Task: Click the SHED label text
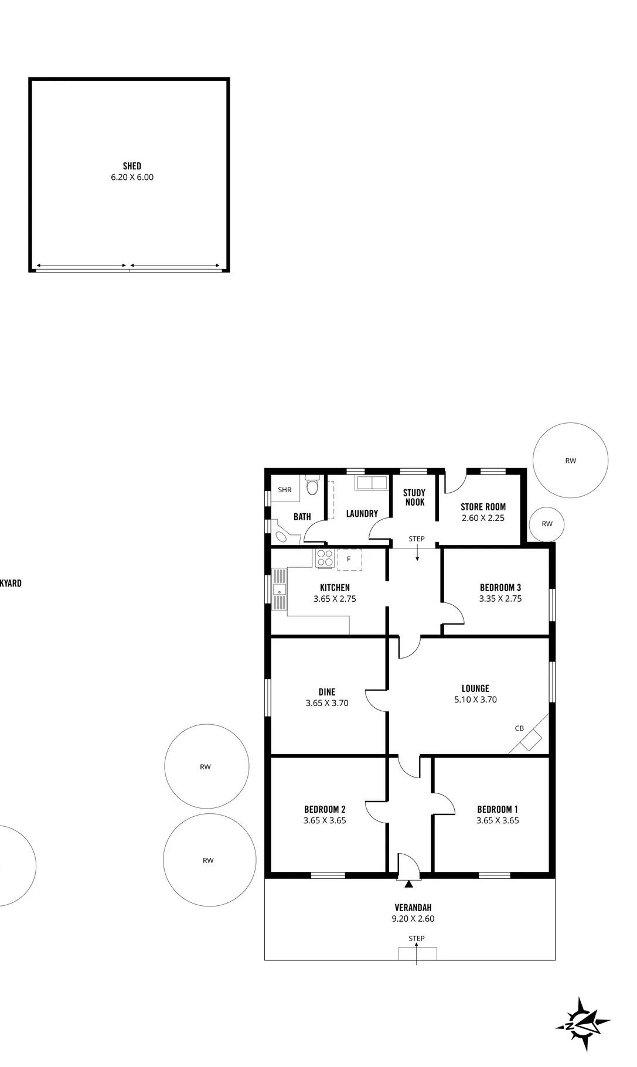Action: pos(132,166)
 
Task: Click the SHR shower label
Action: pos(285,490)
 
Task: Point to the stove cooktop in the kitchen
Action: pos(325,558)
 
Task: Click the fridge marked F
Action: pos(349,559)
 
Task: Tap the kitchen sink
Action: pos(280,589)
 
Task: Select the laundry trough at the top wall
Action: pos(370,483)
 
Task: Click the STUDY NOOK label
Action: pos(414,497)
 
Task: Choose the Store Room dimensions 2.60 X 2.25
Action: pos(483,518)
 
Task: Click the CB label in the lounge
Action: pos(519,728)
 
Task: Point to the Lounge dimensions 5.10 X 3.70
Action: pos(475,700)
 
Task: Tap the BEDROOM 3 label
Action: pos(500,587)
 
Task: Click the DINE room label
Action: pos(327,692)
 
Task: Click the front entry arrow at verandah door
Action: pos(408,884)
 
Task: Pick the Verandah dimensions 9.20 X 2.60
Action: pos(413,919)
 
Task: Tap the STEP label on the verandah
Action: pos(416,938)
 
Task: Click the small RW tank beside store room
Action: pos(547,524)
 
